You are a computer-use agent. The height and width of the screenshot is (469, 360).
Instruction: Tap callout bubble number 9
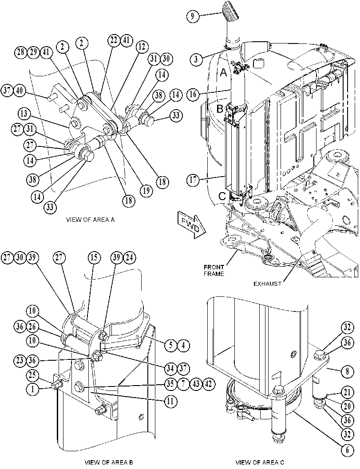click(193, 16)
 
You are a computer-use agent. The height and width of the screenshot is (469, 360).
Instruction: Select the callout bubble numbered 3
click(196, 59)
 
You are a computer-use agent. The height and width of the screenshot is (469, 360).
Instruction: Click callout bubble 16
click(193, 95)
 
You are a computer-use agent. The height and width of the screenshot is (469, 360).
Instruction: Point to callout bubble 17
click(193, 181)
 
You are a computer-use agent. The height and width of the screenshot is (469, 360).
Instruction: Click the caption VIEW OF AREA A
click(90, 220)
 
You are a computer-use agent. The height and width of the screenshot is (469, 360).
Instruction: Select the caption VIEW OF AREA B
click(109, 462)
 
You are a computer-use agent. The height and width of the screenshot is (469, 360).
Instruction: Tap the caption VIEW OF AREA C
click(260, 462)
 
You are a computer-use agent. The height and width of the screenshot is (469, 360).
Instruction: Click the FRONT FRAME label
click(214, 270)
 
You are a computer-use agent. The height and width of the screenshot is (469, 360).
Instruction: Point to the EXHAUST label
click(268, 284)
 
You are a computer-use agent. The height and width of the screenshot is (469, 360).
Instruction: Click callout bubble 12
click(142, 47)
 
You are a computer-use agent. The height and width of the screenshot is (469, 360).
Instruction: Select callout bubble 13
click(24, 114)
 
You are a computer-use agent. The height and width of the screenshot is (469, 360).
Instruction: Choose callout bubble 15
click(94, 257)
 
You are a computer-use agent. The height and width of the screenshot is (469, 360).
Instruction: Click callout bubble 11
click(170, 401)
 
